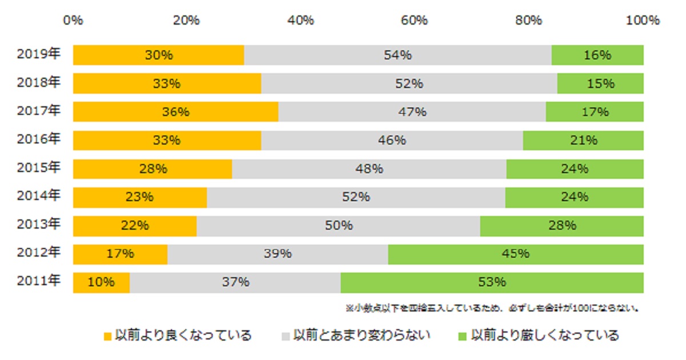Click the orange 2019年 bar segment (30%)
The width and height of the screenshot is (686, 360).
158,55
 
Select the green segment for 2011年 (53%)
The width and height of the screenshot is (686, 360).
492,282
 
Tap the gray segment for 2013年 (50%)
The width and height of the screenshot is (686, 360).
338,226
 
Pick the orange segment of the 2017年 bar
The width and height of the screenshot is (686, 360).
176,112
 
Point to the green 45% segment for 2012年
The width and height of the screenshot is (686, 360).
515,254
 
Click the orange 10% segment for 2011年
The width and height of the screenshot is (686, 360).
101,282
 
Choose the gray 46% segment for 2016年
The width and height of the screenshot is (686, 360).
392,140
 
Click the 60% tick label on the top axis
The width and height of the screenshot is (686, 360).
414,20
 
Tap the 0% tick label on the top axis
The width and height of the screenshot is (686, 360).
73,20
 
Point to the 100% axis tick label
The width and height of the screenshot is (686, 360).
643,20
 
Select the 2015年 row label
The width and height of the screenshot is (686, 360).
39,168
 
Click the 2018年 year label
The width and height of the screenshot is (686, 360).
39,83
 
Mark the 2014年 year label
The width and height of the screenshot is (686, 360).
39,196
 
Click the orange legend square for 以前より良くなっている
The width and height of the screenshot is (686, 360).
107,336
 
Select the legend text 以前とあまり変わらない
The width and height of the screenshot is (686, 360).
361,335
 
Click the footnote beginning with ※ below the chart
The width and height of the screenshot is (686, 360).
492,308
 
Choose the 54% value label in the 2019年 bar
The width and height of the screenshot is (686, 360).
397,55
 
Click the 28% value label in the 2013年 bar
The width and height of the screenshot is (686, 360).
562,226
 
